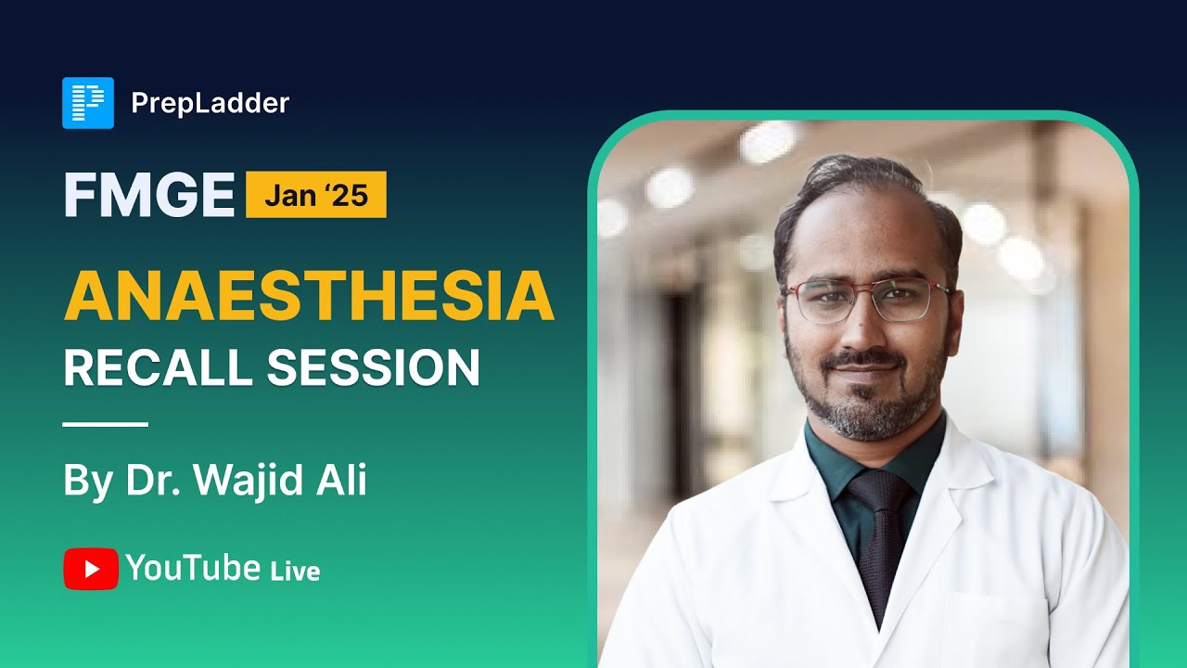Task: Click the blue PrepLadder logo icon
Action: tap(88, 103)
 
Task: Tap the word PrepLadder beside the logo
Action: tap(211, 103)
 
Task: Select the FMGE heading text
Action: tap(148, 196)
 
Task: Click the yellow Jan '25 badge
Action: tap(316, 196)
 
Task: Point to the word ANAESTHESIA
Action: tap(308, 296)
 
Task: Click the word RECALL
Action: tap(158, 368)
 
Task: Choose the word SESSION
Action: tap(373, 368)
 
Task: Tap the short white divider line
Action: tap(105, 425)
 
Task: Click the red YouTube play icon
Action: tap(91, 569)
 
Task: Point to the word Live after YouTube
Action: tap(295, 571)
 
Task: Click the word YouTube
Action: tap(192, 568)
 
